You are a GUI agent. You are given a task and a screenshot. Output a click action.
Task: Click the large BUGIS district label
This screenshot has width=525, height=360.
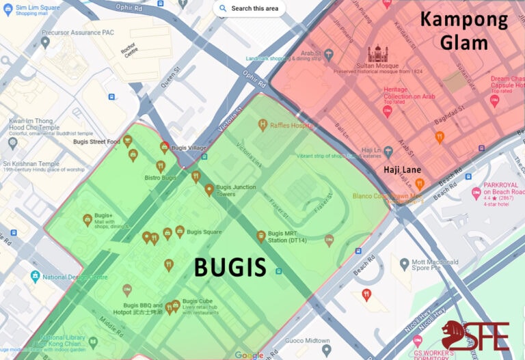click(230, 267)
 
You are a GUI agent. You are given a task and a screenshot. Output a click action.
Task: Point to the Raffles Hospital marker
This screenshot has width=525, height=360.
click(262, 124)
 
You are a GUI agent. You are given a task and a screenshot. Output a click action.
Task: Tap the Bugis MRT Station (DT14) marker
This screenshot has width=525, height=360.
click(260, 236)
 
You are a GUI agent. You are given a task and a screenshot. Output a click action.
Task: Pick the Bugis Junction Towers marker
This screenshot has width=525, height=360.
click(208, 190)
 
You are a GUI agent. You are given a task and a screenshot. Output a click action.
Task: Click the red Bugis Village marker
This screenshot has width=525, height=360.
click(165, 146)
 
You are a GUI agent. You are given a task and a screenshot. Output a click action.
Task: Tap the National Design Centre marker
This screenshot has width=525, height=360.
click(35, 277)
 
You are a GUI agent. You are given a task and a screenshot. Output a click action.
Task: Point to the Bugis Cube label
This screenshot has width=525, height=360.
click(198, 301)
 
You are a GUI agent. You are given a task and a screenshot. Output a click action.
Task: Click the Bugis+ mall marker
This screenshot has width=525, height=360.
click(87, 219)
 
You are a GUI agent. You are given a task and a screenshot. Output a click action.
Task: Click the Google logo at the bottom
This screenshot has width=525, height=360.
click(250, 355)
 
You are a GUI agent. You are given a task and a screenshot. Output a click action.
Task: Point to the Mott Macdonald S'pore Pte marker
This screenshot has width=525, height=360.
click(405, 264)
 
